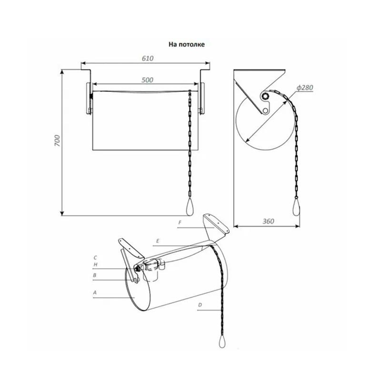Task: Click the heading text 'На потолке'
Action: (x=187, y=44)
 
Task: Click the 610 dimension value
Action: (x=148, y=58)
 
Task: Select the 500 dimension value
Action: (x=147, y=80)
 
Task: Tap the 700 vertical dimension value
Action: (x=57, y=140)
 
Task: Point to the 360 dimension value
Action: (x=268, y=221)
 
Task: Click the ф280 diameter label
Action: (x=305, y=88)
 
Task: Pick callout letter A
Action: (x=95, y=292)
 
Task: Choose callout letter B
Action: (x=95, y=275)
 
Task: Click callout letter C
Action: (x=95, y=258)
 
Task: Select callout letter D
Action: (x=200, y=305)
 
